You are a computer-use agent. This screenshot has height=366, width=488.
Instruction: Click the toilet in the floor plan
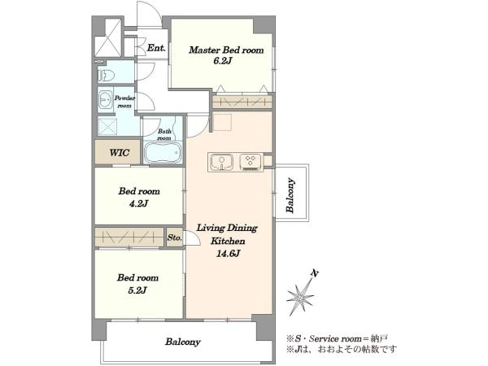click(107, 76)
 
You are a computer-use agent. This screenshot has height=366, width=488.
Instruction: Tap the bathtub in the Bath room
click(163, 152)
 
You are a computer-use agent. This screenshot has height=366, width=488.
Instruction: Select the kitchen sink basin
click(221, 162)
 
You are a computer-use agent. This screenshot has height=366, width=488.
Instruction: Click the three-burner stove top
click(251, 162)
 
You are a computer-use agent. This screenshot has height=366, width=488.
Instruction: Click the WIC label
click(120, 153)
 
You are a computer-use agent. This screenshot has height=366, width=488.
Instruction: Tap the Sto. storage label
click(174, 238)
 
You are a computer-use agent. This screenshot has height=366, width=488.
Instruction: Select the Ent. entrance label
click(156, 48)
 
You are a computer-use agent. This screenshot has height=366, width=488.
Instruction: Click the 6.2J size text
click(222, 61)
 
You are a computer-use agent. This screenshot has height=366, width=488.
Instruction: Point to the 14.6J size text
click(228, 254)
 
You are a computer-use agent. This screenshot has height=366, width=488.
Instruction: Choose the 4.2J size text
click(138, 203)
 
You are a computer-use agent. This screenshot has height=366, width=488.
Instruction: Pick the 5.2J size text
click(137, 290)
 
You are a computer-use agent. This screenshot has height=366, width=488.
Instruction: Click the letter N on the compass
click(315, 273)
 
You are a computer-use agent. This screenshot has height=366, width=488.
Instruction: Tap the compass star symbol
click(300, 297)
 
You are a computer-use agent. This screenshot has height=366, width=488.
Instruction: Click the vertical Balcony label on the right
click(290, 195)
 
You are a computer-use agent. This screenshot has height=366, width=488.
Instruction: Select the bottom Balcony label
click(183, 342)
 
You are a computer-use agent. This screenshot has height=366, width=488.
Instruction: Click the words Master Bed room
click(226, 50)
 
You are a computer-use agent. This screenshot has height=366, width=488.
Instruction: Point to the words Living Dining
click(227, 228)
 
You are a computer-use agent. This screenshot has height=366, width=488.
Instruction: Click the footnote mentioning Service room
click(337, 338)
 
